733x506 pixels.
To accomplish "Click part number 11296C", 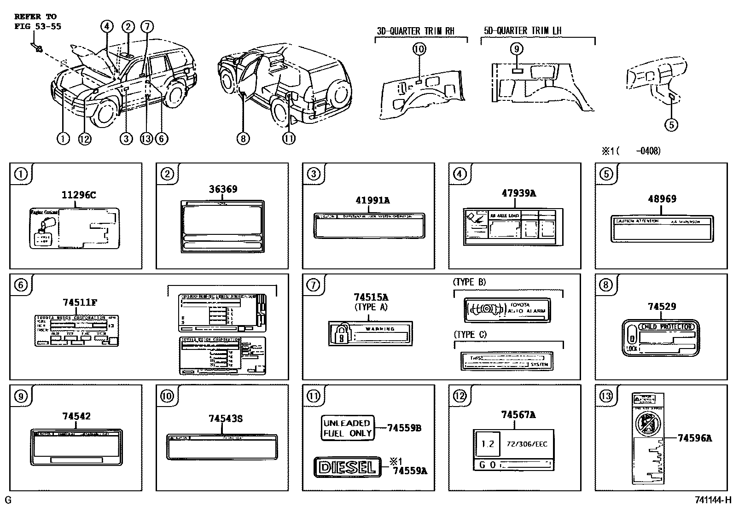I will tap(79, 195).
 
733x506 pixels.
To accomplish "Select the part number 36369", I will tap(223, 189).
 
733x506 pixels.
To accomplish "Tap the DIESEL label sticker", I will tap(347, 467).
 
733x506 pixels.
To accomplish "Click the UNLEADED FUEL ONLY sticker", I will tap(347, 428).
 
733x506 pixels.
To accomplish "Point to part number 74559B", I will tap(404, 428).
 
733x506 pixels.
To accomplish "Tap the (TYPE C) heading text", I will tap(470, 334).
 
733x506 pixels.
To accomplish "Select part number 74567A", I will tap(518, 415).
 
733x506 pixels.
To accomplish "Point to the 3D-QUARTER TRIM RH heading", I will tap(415, 31).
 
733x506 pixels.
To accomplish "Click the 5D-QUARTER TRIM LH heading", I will tap(523, 31).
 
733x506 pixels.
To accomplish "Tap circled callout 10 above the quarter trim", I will tap(419, 49).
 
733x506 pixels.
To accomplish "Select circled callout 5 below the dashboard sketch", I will tap(671, 124).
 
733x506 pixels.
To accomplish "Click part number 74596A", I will tap(694, 438).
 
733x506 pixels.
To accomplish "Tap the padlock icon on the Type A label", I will tap(341, 334).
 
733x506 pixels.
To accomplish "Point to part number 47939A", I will tap(518, 193).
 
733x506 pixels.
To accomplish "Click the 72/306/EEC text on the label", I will tap(527, 444).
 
